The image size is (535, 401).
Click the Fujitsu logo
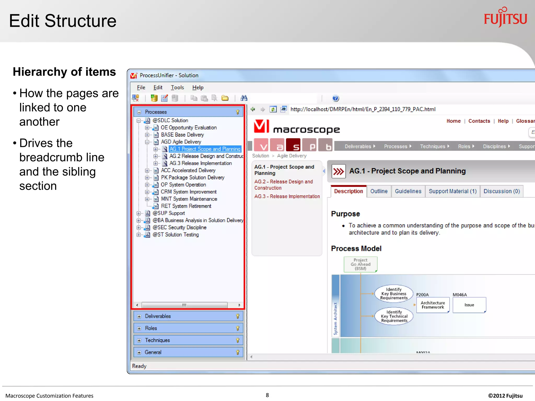(505, 18)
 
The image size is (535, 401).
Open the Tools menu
(177, 87)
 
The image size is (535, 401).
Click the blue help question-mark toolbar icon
(335, 98)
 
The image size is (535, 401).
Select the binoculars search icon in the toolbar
(244, 98)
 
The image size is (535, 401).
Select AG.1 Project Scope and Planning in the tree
(205, 149)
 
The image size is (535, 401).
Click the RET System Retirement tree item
(186, 206)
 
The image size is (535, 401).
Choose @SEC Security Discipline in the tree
(179, 228)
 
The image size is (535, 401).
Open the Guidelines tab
(408, 191)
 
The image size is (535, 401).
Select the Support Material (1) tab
(452, 191)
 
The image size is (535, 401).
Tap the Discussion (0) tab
(502, 191)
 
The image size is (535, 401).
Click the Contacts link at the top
(479, 121)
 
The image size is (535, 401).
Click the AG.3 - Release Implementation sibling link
(287, 197)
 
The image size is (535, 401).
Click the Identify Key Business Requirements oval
(394, 294)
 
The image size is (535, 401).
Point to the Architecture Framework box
(433, 305)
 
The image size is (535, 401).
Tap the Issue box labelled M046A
(469, 305)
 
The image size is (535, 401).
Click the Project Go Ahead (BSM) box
(360, 264)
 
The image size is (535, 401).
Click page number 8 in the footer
(267, 395)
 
